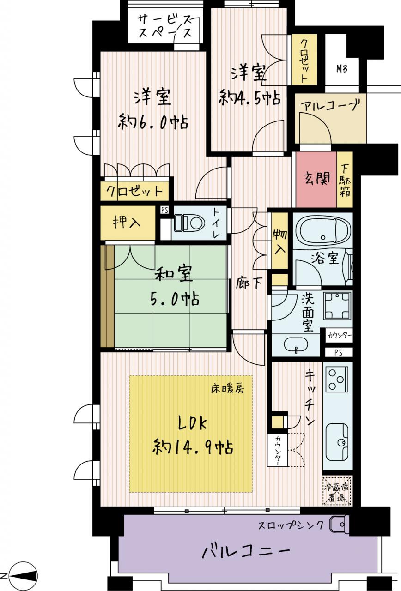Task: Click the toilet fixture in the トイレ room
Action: [x=189, y=223]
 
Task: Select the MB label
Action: [x=341, y=69]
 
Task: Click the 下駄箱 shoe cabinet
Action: [x=345, y=180]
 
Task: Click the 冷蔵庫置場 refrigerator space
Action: [x=337, y=491]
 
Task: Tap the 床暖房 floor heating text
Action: [x=227, y=389]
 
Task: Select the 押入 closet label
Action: [x=127, y=223]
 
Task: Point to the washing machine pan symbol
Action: [x=337, y=306]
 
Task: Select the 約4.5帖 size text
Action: [x=249, y=98]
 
